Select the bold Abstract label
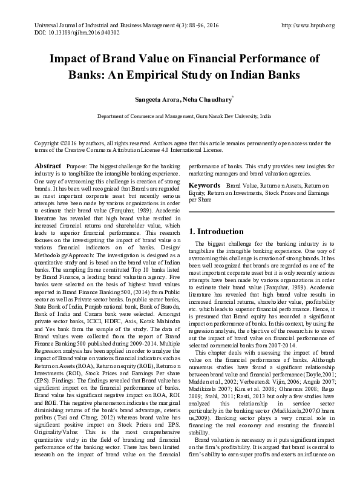[48, 166]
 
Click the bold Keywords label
[205, 184]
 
